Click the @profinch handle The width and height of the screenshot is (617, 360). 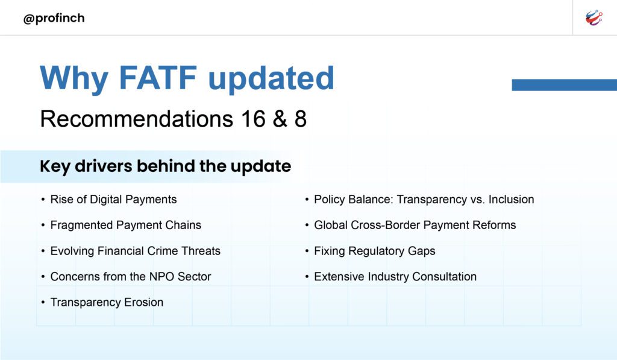pos(54,18)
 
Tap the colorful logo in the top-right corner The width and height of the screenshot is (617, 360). pos(594,17)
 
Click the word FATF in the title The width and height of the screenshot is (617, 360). pos(157,78)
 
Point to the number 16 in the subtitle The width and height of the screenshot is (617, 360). pos(253,119)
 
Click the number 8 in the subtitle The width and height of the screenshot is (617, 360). pos(300,119)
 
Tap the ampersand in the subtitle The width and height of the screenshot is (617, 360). pos(280,119)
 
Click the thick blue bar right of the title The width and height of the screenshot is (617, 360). pos(564,84)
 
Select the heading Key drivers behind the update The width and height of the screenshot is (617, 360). pos(165,166)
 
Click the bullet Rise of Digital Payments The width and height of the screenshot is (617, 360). pos(113,200)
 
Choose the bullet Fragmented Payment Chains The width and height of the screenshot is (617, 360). pos(125,226)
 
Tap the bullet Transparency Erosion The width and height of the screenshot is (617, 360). pos(107,303)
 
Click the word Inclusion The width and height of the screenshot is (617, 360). pos(511,200)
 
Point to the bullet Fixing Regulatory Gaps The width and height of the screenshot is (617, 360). pos(375,251)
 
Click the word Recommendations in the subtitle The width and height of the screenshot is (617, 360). pos(137,119)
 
